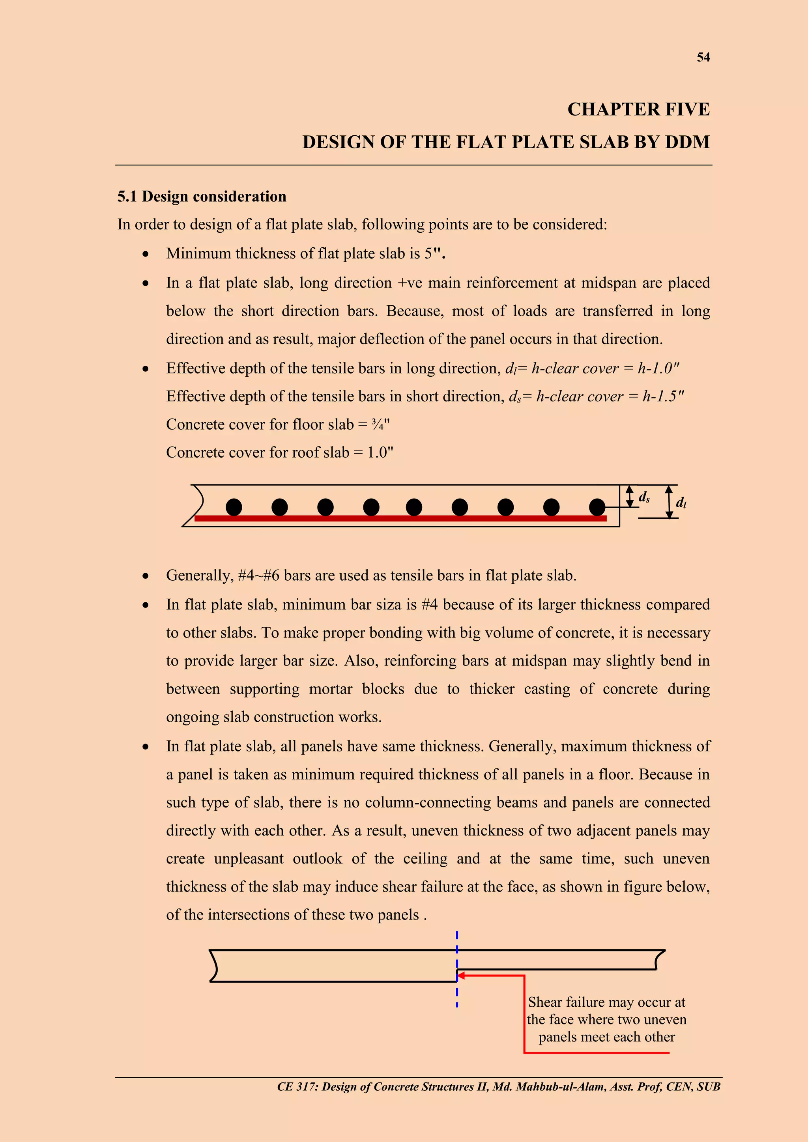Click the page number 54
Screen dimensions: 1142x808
click(703, 57)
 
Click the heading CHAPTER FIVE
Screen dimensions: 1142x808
click(638, 109)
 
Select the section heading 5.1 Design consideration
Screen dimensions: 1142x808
click(202, 196)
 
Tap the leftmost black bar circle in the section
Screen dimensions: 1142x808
click(234, 507)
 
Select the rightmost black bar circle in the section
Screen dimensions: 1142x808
click(597, 507)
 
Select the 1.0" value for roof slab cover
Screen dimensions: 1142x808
click(380, 452)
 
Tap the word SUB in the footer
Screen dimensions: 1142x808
click(708, 1086)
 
